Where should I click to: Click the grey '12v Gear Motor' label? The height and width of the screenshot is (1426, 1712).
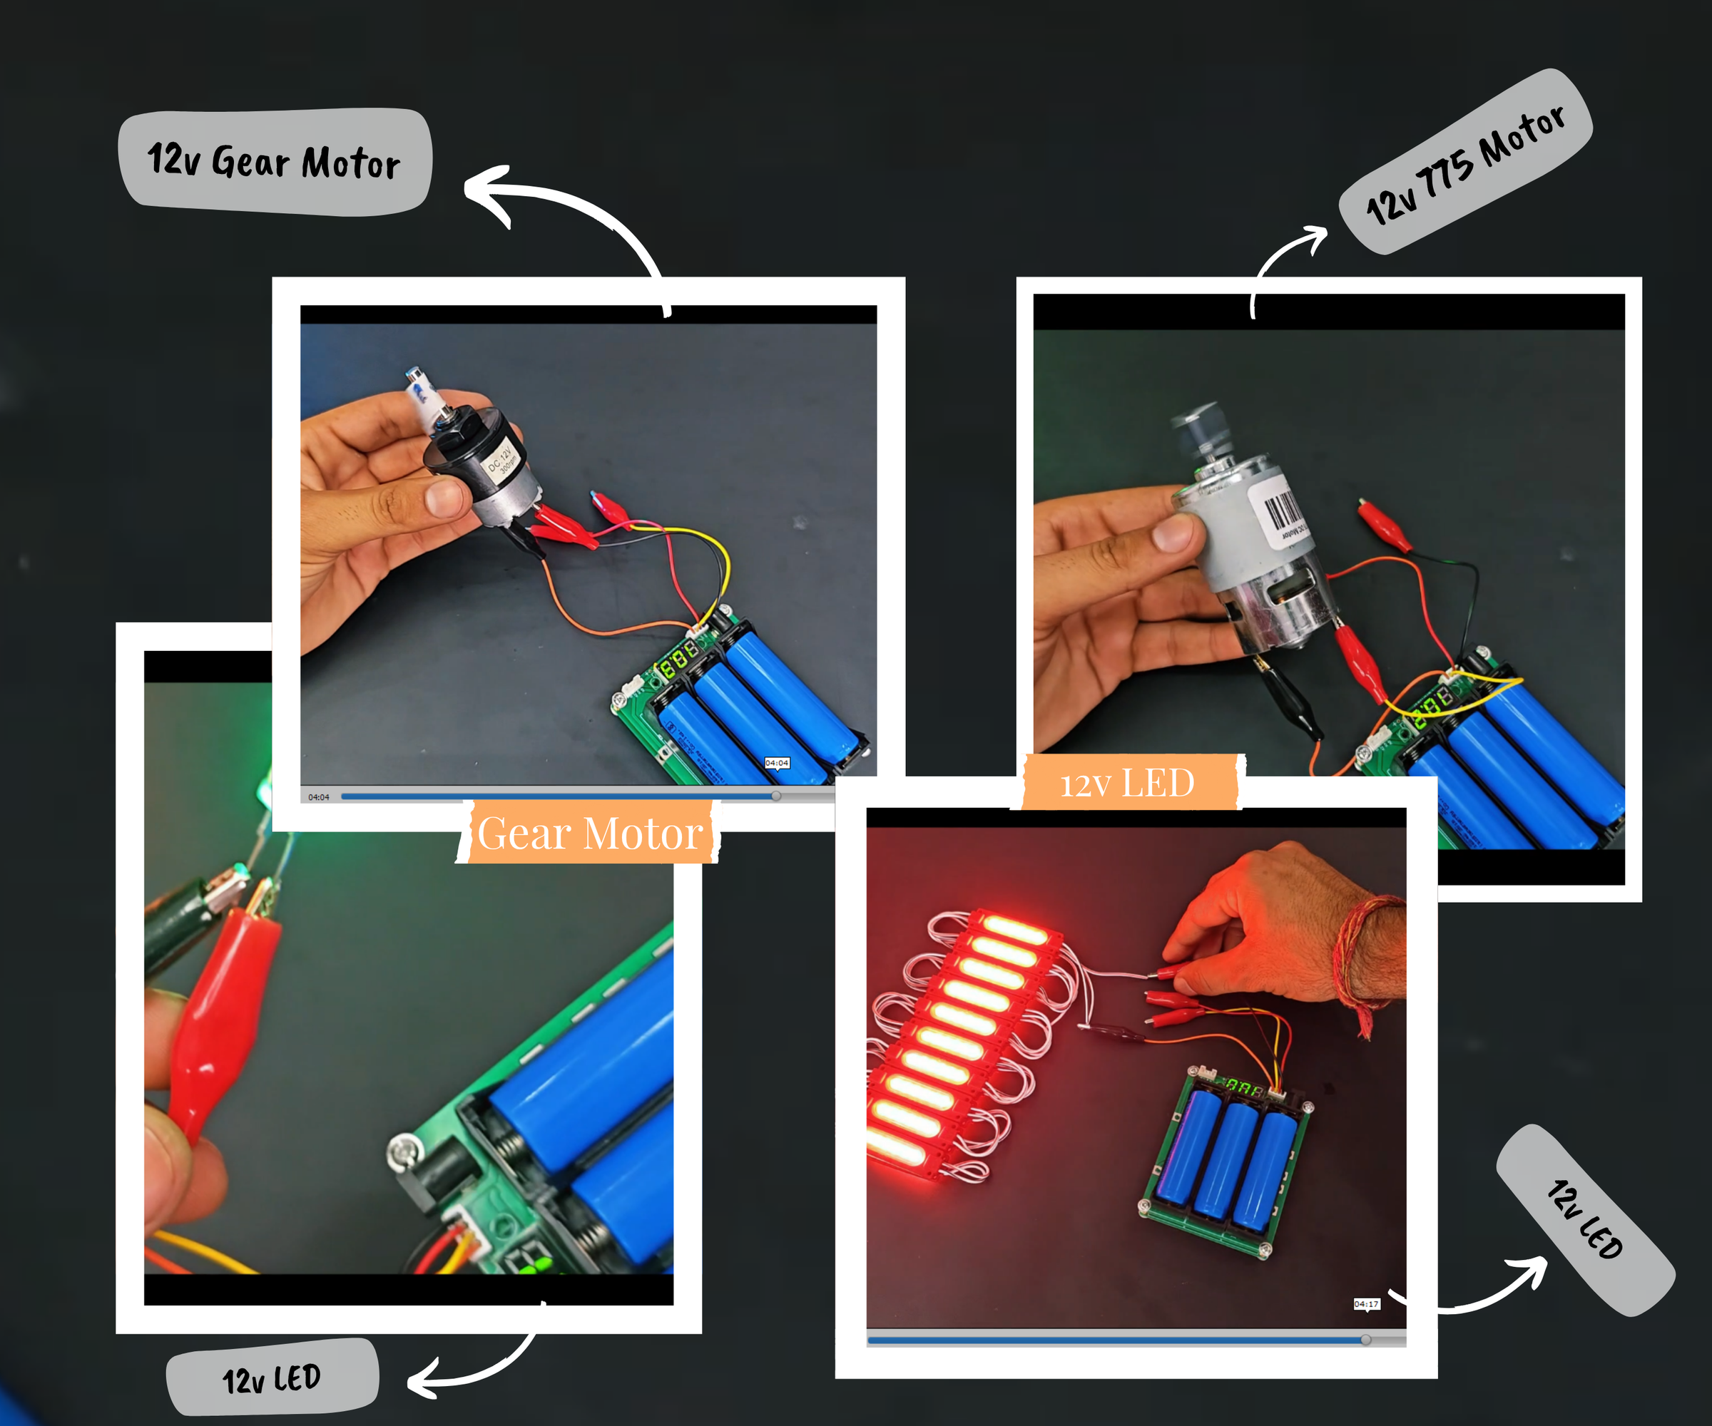pyautogui.click(x=275, y=161)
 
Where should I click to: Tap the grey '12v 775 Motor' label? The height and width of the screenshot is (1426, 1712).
pyautogui.click(x=1465, y=162)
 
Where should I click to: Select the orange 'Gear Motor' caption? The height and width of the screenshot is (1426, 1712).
pyautogui.click(x=588, y=833)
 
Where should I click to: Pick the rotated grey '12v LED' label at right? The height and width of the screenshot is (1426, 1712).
pyautogui.click(x=1585, y=1220)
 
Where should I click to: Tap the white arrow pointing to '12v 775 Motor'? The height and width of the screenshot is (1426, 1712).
pyautogui.click(x=1284, y=261)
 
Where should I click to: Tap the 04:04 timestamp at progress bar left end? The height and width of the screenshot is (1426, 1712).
pyautogui.click(x=319, y=797)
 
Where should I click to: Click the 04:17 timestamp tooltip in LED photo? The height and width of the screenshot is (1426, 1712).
pyautogui.click(x=1366, y=1305)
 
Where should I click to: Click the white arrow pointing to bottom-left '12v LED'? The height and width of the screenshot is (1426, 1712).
pyautogui.click(x=473, y=1361)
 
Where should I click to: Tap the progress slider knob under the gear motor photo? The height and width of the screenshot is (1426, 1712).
pyautogui.click(x=775, y=796)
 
